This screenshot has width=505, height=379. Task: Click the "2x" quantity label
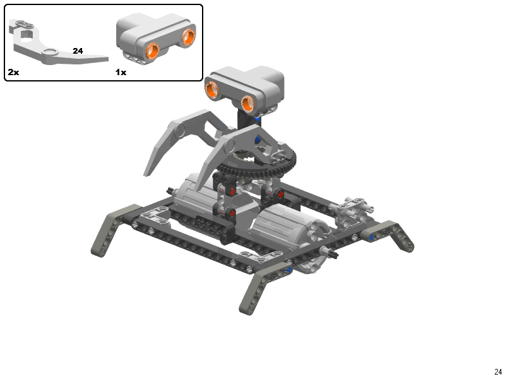point(13,72)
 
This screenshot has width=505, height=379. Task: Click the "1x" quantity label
point(121,72)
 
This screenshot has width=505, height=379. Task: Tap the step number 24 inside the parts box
point(78,51)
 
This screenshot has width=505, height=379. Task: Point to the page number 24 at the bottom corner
point(498,371)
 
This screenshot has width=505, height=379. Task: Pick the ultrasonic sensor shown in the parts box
point(156,38)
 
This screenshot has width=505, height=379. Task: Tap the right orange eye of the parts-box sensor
point(188,36)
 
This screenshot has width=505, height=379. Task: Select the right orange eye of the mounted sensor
point(247,104)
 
